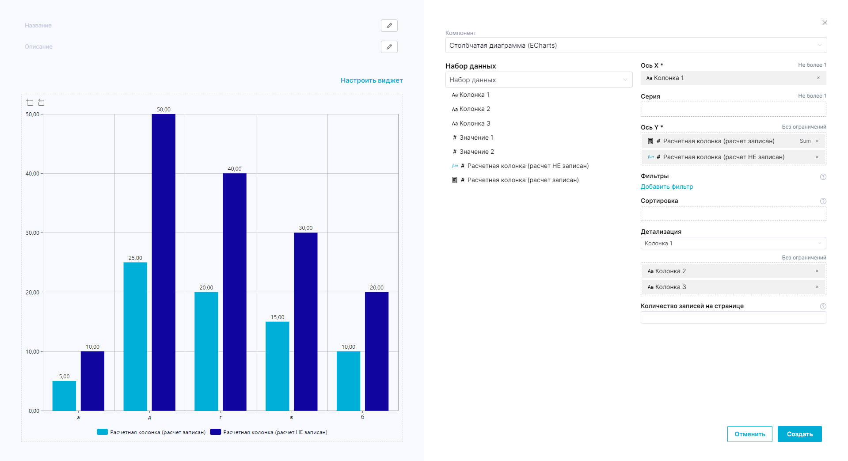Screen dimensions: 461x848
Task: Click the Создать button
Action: click(x=799, y=434)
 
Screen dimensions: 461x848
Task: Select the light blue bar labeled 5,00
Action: click(x=64, y=396)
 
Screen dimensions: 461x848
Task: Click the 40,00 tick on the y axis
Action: click(x=32, y=174)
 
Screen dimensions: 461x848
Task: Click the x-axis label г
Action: click(x=221, y=417)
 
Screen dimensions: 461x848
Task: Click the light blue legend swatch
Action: click(x=102, y=432)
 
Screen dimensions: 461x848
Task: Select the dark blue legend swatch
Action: click(x=215, y=432)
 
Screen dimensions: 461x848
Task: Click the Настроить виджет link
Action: click(x=371, y=80)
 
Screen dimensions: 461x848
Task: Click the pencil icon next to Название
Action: click(x=389, y=26)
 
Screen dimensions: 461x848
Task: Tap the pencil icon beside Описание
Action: click(x=389, y=47)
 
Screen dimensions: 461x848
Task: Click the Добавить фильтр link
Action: click(x=666, y=187)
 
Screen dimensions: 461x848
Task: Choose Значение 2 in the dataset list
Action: click(x=476, y=152)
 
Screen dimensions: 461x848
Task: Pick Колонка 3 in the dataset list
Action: click(x=475, y=123)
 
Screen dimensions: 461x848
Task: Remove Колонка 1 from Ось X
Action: click(x=818, y=78)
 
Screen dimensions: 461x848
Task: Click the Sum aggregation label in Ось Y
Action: click(x=805, y=141)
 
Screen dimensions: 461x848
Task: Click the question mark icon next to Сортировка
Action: click(x=823, y=201)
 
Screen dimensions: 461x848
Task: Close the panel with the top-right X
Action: click(x=825, y=23)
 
